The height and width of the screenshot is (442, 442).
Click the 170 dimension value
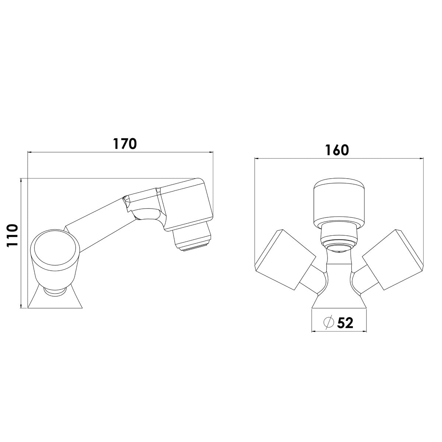click(124, 144)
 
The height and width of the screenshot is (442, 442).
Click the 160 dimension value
click(337, 150)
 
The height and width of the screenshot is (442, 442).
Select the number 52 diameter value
click(345, 323)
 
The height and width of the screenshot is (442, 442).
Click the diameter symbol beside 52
click(328, 323)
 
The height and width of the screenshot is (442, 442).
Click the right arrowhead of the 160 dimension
click(421, 159)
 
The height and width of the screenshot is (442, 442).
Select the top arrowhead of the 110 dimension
click(21, 181)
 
